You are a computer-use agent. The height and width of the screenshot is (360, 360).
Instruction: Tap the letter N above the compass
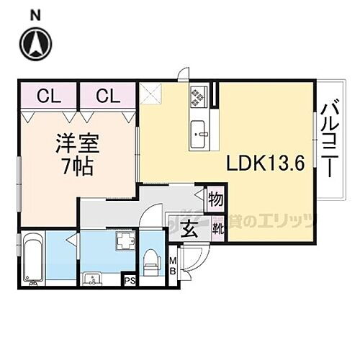click(x=35, y=12)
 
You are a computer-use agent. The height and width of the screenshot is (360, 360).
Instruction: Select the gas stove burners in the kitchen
click(x=197, y=96)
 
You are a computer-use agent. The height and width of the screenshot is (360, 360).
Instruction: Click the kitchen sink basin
click(x=199, y=132)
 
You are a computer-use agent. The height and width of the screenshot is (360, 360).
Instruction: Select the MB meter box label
click(x=173, y=266)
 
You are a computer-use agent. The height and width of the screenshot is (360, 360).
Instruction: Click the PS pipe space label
click(x=130, y=281)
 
